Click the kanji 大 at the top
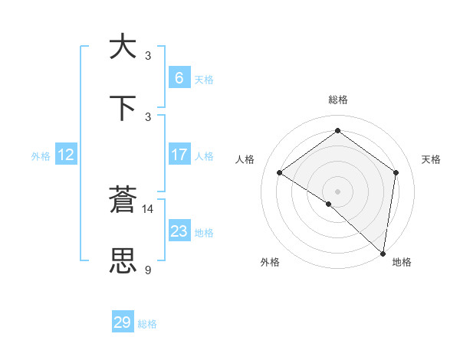pyautogui.click(x=123, y=47)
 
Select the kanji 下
pyautogui.click(x=123, y=108)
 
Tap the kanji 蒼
pyautogui.click(x=123, y=200)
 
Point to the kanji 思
pyautogui.click(x=123, y=261)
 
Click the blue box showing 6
pyautogui.click(x=179, y=77)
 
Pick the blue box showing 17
pyautogui.click(x=179, y=155)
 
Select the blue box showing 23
pyautogui.click(x=179, y=231)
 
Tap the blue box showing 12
pyautogui.click(x=66, y=155)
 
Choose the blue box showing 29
pyautogui.click(x=123, y=322)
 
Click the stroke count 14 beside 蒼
pyautogui.click(x=148, y=208)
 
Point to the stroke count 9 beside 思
pyautogui.click(x=148, y=270)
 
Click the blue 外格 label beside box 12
pyautogui.click(x=41, y=155)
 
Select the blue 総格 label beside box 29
pyautogui.click(x=148, y=323)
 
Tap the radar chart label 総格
pyautogui.click(x=338, y=100)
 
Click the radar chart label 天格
pyautogui.click(x=431, y=159)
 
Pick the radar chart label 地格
pyautogui.click(x=402, y=262)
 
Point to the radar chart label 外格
pyautogui.click(x=270, y=262)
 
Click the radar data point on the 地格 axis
pyautogui.click(x=383, y=254)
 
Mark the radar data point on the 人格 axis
pyautogui.click(x=280, y=172)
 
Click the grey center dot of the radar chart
pyautogui.click(x=338, y=191)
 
